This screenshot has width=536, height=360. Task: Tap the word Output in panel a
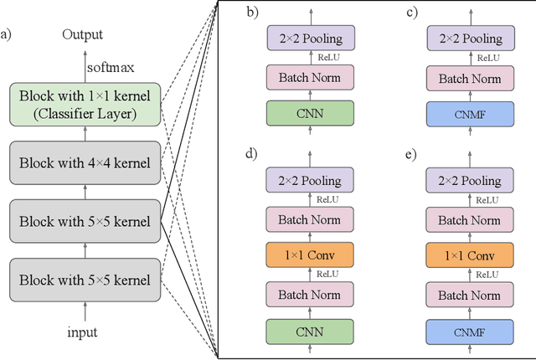(82, 34)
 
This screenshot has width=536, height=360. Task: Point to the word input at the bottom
(82, 332)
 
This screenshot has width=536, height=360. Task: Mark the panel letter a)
(8, 34)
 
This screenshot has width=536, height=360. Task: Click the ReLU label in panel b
(327, 58)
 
